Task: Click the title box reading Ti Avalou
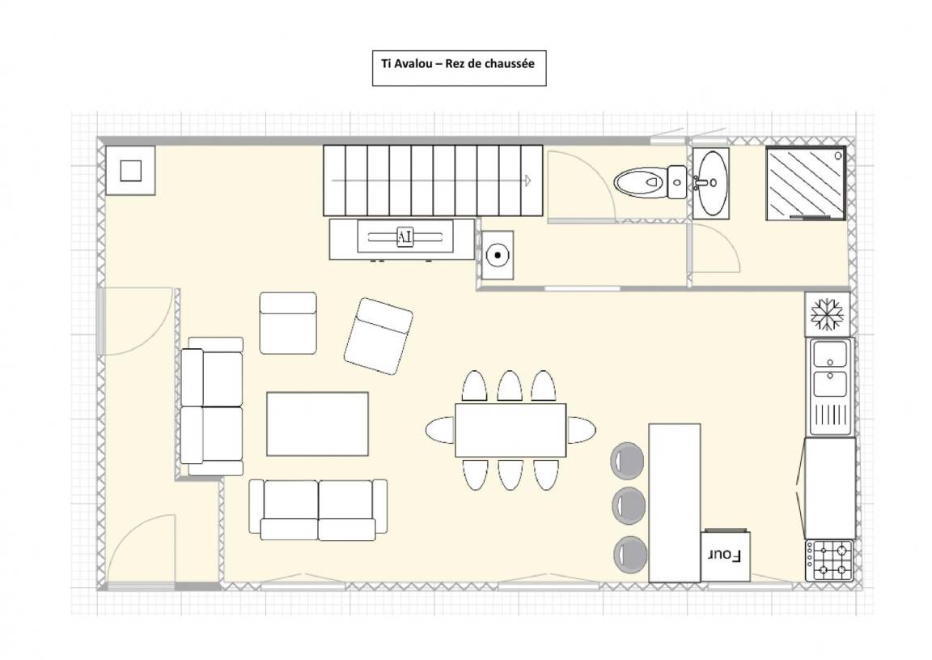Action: (459, 68)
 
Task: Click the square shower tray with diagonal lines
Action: (806, 183)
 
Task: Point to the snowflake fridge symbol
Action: (828, 313)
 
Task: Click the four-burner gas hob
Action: (830, 560)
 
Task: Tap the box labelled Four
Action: (725, 556)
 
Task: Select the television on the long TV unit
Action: (405, 236)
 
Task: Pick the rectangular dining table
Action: (510, 430)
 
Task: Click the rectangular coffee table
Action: (317, 424)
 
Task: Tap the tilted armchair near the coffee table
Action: (379, 336)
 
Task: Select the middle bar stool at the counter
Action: (629, 505)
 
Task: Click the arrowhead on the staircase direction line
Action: (527, 181)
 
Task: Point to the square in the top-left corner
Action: (131, 171)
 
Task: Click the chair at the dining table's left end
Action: (440, 430)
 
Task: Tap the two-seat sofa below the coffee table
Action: (318, 509)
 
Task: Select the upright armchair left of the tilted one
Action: (288, 323)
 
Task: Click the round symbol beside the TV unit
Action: (498, 255)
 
